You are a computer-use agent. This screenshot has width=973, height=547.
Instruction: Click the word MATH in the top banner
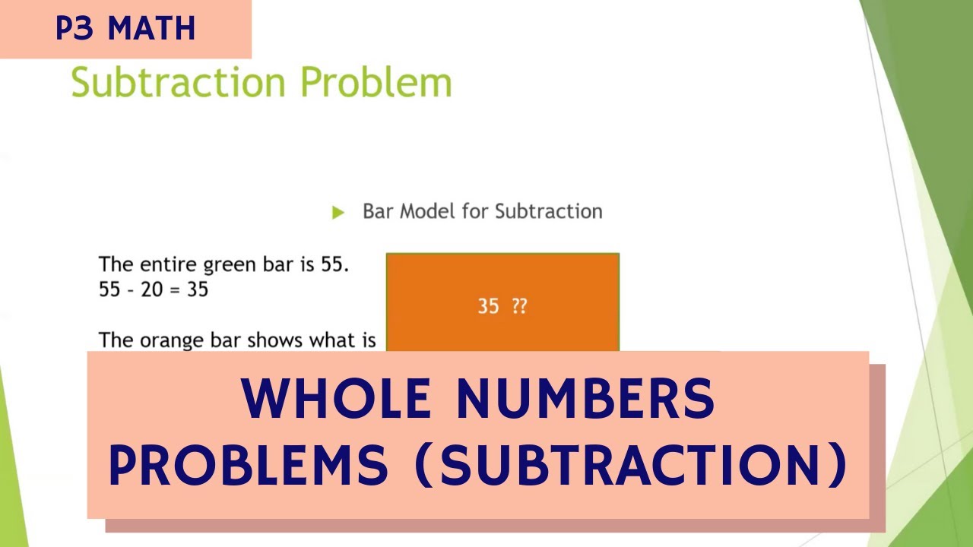click(x=152, y=29)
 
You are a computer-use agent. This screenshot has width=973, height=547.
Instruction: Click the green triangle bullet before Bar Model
click(x=338, y=212)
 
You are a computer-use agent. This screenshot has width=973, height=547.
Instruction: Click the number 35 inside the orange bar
click(x=488, y=306)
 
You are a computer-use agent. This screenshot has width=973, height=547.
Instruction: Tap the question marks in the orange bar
click(x=519, y=306)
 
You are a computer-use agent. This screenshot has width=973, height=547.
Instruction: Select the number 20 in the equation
click(x=151, y=289)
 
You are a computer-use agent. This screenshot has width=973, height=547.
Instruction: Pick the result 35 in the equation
click(x=197, y=289)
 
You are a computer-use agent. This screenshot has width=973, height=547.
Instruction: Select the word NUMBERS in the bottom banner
click(x=585, y=399)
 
